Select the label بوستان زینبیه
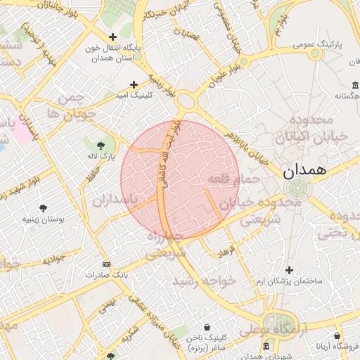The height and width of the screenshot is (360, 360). coord(44,219)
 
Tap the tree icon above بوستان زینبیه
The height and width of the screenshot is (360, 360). coord(44,208)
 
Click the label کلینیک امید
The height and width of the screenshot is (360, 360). coord(133,95)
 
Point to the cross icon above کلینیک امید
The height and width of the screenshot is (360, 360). coord(133,84)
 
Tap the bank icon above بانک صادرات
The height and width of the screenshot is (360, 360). coord(105,264)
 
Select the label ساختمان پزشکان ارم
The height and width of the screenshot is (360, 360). coord(290,281)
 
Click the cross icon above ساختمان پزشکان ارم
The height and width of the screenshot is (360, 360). coord(289,270)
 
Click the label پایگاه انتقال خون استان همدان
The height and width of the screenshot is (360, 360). coord(112,53)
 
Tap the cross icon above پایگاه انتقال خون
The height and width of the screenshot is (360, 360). coord(112,37)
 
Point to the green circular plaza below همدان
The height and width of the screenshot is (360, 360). coord(298,188)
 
